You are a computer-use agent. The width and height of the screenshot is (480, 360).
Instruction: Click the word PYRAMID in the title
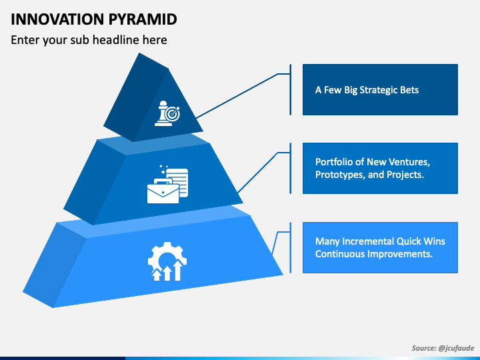(143, 19)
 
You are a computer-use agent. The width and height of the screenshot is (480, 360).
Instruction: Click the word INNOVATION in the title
(57, 19)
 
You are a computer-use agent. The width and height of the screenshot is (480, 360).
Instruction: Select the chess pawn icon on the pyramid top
(162, 113)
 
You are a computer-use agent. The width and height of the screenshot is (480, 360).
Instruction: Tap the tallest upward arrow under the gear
(177, 270)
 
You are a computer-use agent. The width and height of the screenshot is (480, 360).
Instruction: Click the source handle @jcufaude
(456, 348)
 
